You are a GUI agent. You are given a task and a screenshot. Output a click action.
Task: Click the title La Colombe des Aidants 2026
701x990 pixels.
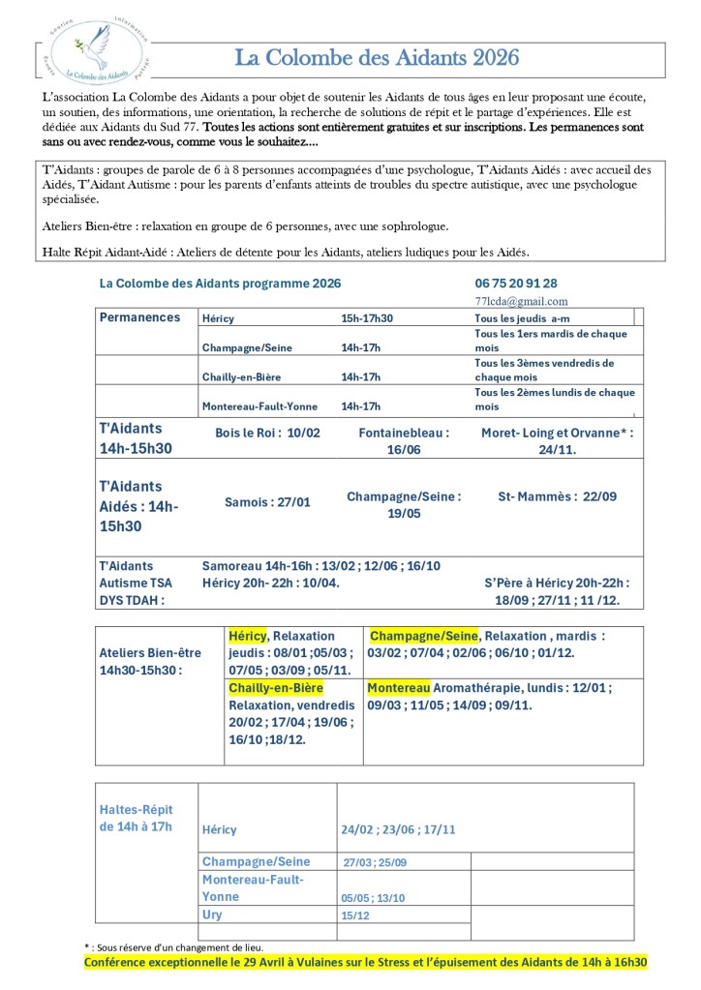pos(378,58)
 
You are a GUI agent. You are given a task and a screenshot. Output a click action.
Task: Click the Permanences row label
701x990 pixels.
pos(139,317)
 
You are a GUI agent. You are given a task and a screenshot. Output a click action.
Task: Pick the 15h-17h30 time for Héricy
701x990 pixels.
pos(373,318)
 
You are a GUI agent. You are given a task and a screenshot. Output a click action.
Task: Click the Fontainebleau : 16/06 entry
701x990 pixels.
pos(404,441)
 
